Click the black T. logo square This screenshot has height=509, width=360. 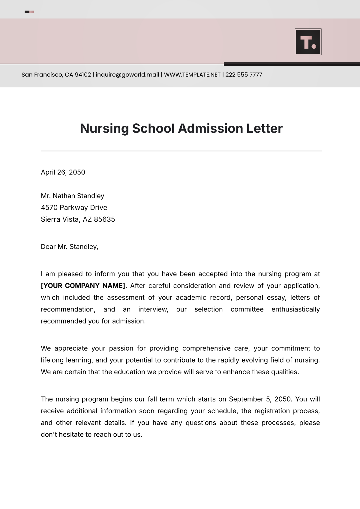(308, 42)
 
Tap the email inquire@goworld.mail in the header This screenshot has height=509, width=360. (127, 75)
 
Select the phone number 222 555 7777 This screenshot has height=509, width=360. (244, 75)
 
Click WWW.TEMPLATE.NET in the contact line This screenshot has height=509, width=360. (192, 75)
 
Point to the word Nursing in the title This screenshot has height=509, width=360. (104, 129)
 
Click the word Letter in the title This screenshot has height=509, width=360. (264, 129)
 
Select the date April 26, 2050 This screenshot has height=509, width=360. (63, 172)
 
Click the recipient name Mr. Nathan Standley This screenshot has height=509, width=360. (72, 196)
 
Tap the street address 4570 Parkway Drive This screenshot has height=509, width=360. (74, 208)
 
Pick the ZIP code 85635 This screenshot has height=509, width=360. (104, 219)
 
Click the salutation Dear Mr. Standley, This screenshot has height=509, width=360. (69, 247)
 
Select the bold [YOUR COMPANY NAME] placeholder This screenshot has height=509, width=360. (83, 286)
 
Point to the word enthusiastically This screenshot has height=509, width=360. (295, 309)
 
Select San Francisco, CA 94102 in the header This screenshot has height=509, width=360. (56, 75)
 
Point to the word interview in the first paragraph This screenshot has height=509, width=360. (153, 309)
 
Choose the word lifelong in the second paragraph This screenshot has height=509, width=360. (52, 360)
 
